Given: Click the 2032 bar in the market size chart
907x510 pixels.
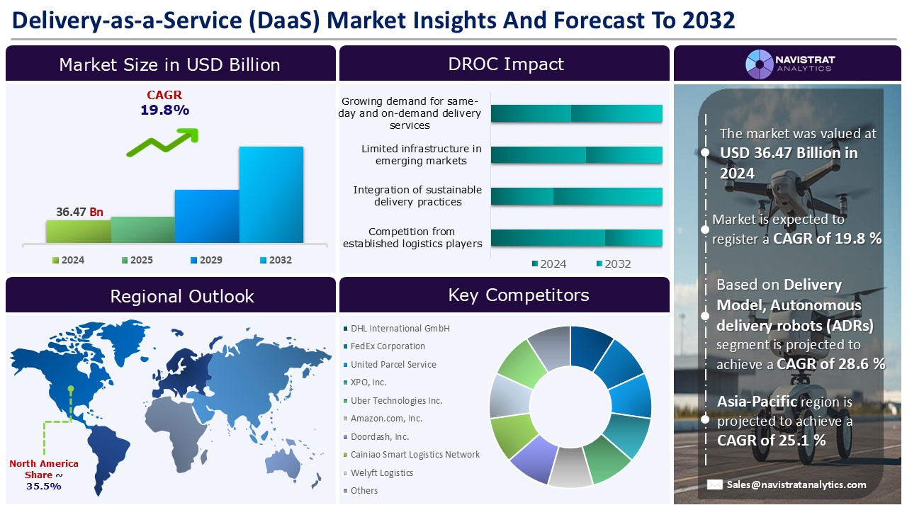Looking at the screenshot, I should pos(271,195).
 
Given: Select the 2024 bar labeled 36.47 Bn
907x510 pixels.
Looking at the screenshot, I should pos(78,231).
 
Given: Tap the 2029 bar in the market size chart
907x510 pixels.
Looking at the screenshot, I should pos(207,216).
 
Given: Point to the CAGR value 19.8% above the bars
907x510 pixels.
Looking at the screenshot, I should pos(164,110).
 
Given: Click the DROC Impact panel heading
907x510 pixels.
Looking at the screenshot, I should pos(505,64).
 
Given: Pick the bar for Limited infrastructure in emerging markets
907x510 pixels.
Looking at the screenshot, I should pos(576,155).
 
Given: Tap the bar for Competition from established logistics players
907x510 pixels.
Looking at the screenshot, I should pos(576,238).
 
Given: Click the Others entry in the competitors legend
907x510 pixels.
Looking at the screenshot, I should pos(364,491).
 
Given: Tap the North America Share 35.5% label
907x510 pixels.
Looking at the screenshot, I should pos(44,475).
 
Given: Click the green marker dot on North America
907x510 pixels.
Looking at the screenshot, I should pos(70,388).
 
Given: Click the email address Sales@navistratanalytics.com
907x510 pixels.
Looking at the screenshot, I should pos(796,485).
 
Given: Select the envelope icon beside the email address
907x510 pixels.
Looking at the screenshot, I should pos(715,485).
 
